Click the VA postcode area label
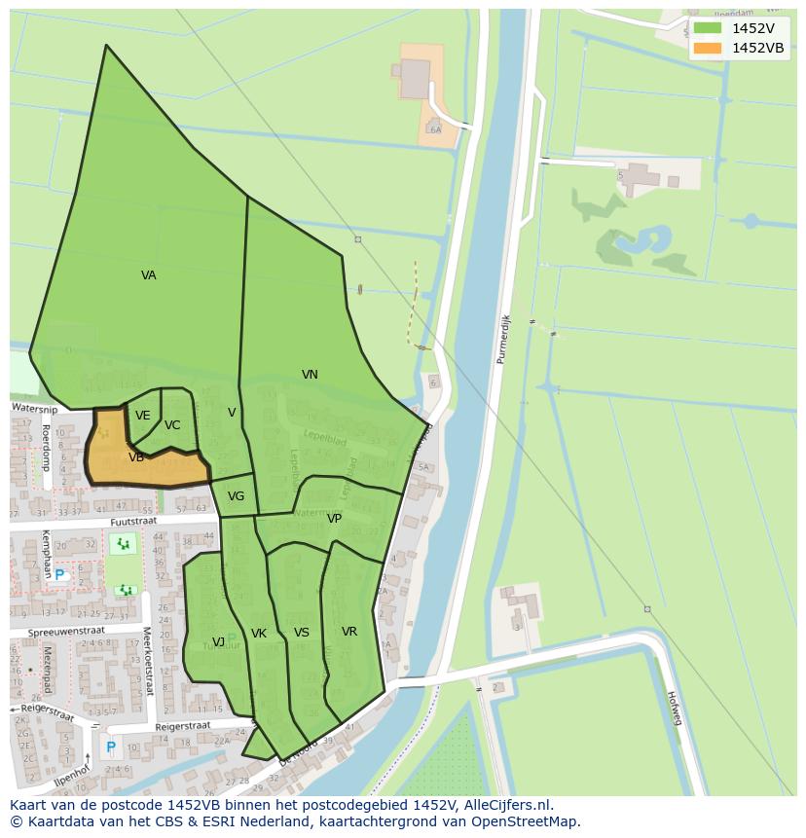coord(148,275)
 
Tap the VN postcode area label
coord(310,375)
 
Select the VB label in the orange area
coord(136,457)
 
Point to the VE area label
coord(143,417)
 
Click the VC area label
coord(172,425)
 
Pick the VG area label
coord(236,496)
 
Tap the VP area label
coord(334,519)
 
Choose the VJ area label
coord(219,641)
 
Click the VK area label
coord(259,634)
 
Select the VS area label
coord(302,633)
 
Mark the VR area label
coord(349,632)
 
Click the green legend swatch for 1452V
coord(707,28)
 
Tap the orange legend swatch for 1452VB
coord(707,48)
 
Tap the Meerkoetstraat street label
coord(148,661)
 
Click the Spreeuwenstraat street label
coord(65,632)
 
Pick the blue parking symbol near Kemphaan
coord(59,575)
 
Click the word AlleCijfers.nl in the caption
coord(506,805)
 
